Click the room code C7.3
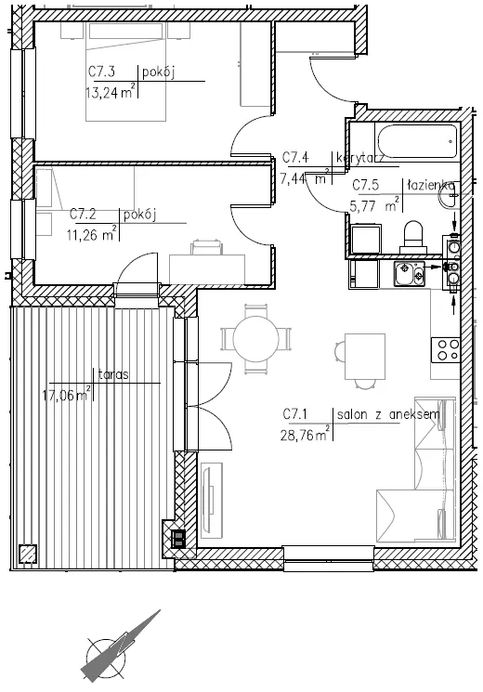point(102,72)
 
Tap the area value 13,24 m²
point(110,93)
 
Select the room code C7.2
point(84,215)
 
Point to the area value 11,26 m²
point(91,234)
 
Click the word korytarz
point(360,159)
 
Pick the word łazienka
point(430,185)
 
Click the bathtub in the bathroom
point(416,142)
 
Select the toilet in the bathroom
point(413,238)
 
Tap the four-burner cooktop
point(445,350)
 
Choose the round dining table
point(256,339)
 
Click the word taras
point(113,374)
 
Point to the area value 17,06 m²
point(67,394)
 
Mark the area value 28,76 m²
point(305,435)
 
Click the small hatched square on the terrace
point(28,554)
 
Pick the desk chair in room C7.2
point(206,247)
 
